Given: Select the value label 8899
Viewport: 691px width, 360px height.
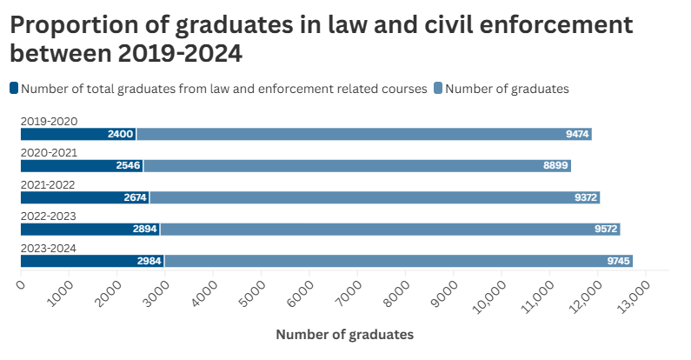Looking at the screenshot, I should (555, 165).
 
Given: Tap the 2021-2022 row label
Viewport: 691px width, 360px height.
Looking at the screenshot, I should (49, 184).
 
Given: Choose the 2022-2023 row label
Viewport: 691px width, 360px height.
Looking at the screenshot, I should (49, 217).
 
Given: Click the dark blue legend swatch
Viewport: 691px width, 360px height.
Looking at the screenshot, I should (14, 88).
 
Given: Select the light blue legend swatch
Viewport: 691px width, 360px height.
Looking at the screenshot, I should (438, 88).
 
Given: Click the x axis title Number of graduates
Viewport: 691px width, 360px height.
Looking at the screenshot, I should (344, 334).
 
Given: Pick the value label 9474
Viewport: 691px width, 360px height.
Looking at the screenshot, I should (577, 134).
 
